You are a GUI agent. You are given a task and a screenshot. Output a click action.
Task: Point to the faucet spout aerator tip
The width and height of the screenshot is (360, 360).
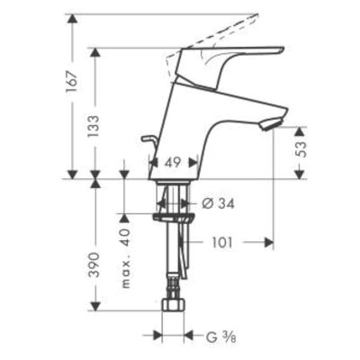pyautogui.click(x=270, y=123)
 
